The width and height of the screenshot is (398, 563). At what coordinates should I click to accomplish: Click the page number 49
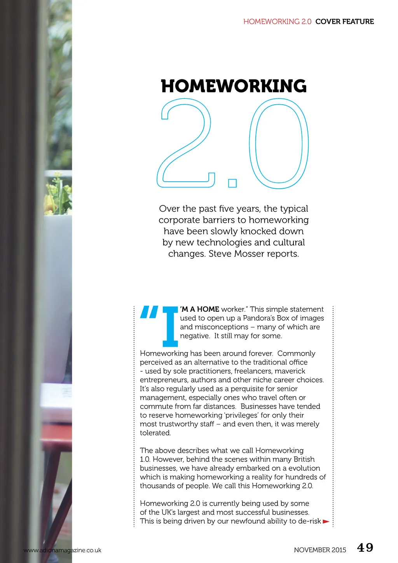coord(365,547)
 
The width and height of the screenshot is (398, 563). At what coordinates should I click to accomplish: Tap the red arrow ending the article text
coord(326,521)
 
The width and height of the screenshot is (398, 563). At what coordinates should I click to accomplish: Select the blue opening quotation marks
coord(148,312)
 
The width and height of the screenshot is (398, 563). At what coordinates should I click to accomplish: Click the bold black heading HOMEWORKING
coord(234,86)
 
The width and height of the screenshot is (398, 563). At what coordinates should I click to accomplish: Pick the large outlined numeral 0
coord(279,143)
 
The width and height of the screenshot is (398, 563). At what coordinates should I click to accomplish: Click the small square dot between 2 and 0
coord(232,183)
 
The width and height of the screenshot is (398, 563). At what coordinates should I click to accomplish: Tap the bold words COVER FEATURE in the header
coord(344,21)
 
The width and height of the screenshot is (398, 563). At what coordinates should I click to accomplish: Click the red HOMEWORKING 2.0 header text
coord(277,21)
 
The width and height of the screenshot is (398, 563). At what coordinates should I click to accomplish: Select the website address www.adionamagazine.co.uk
coord(62,550)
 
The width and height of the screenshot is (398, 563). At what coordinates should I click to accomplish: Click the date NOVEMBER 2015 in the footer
coord(320,550)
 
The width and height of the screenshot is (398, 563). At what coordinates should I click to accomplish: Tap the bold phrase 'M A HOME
coord(200,309)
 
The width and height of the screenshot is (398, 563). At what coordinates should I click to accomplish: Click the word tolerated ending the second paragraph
coord(155,433)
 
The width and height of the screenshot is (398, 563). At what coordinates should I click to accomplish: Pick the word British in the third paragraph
coord(304,459)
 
